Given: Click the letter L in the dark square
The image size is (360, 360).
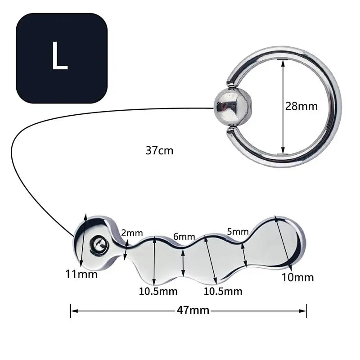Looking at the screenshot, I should point(60,57).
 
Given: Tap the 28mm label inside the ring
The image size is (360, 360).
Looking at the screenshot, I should point(301,107).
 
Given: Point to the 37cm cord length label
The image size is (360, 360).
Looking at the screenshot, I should point(159,151).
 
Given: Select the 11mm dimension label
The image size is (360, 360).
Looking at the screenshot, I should point(81,274).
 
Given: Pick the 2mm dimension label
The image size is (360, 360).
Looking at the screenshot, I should point(132,233).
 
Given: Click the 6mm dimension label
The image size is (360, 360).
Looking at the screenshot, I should point(184,237).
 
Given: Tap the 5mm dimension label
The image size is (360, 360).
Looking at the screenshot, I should point(238,232).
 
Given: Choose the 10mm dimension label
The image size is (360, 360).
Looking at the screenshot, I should point(297,277).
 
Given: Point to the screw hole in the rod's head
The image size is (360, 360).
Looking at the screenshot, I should point(98,244).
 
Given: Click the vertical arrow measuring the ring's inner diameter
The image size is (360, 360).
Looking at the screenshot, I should point(283,107).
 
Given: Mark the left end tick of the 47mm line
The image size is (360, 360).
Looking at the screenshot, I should point(71,310).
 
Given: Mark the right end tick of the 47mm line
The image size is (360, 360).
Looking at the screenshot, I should point(306,310).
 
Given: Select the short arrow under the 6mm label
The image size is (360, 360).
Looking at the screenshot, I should point(183,262).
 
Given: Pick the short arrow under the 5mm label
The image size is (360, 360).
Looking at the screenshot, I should point(244,256).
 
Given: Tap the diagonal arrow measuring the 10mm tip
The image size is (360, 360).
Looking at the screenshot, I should point(284,245).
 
